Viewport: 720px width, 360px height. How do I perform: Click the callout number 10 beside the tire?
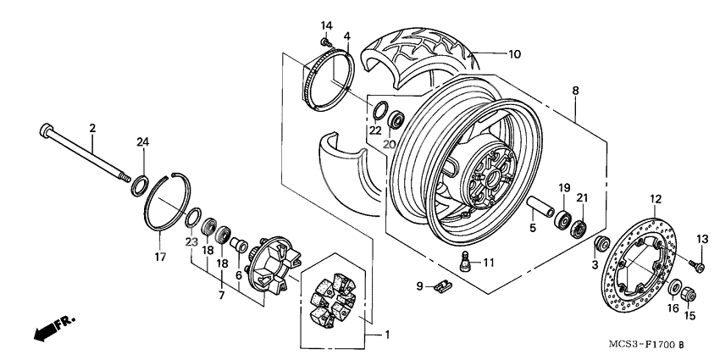click(x=514, y=54)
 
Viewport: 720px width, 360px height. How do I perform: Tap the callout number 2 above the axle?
click(x=92, y=128)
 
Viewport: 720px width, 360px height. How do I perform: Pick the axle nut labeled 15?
click(x=689, y=296)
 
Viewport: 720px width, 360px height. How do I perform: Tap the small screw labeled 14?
click(x=324, y=39)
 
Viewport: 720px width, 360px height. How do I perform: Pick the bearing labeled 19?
click(x=561, y=222)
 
